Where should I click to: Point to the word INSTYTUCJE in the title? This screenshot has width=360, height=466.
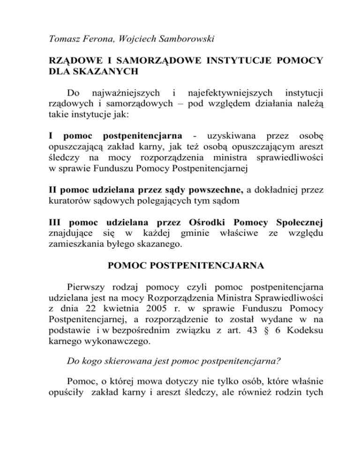point(231,61)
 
